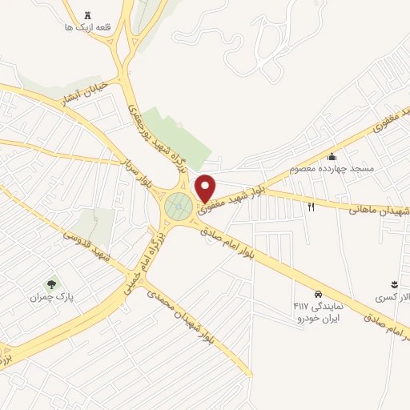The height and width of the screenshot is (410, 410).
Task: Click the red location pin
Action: [206, 187]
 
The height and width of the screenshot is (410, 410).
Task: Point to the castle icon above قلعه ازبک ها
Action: [87, 14]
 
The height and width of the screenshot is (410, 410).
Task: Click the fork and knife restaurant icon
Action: [312, 207]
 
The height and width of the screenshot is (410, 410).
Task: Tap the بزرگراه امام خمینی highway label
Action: [144, 257]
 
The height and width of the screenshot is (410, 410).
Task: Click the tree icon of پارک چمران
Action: [52, 283]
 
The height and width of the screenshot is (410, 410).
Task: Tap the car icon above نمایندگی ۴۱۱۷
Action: [319, 294]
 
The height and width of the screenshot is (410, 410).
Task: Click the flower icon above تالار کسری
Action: [394, 284]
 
